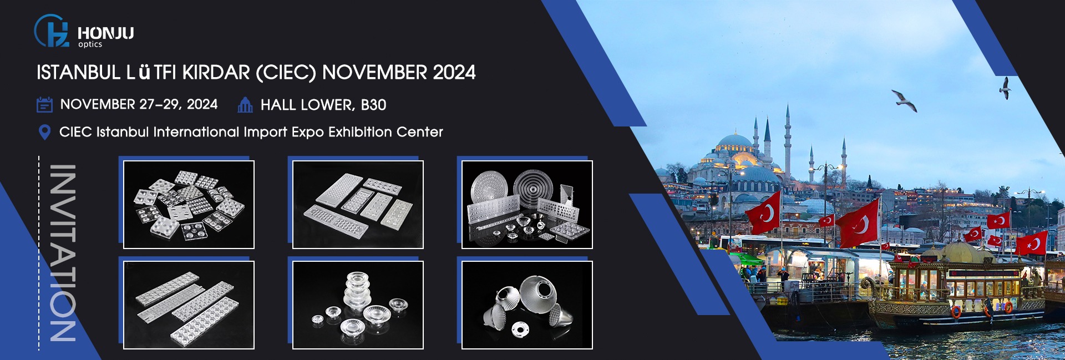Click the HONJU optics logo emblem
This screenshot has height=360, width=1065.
coord(52,31)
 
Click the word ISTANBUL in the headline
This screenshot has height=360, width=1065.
coord(78,73)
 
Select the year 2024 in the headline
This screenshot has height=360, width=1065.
coord(454,73)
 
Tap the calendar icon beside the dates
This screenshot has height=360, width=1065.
coord(44,104)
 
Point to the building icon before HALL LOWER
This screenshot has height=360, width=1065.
coord(245,104)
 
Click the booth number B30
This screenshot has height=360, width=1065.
coord(373,105)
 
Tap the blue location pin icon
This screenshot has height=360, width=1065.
coord(44,132)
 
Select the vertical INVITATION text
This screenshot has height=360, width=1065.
coord(63,253)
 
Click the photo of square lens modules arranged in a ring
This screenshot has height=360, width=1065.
coord(189,205)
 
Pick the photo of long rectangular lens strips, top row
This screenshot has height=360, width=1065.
coord(358,205)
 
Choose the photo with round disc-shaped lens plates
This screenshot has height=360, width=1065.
coord(527,205)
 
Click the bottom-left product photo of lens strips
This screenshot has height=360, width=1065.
coord(189,305)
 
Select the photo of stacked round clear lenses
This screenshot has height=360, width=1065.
coord(358,305)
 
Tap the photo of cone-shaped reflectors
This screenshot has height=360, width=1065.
coord(527,305)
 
